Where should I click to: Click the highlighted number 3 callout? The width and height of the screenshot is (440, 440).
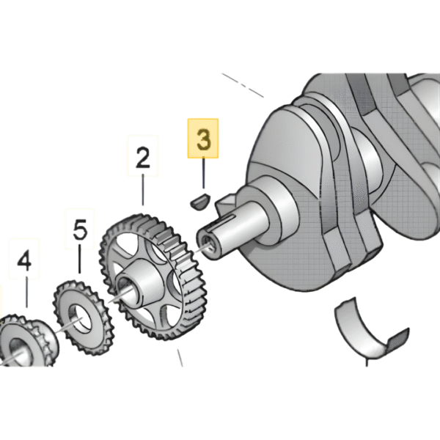pos(204,139)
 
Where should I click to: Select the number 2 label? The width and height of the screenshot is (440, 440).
pos(142,158)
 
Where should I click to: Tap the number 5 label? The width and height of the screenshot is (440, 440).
pos(80,231)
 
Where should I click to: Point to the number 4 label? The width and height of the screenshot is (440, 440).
pos(25,262)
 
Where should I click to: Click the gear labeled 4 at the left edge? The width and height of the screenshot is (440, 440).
pos(18,345)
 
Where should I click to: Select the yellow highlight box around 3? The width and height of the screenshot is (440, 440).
pos(204,139)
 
